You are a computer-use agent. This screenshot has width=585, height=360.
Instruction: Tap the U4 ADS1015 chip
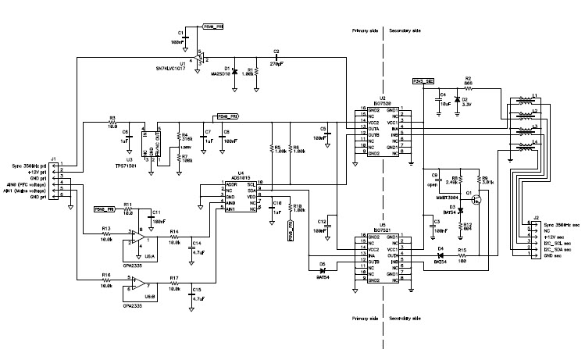(241, 198)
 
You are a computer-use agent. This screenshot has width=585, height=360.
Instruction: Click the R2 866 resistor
(468, 86)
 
